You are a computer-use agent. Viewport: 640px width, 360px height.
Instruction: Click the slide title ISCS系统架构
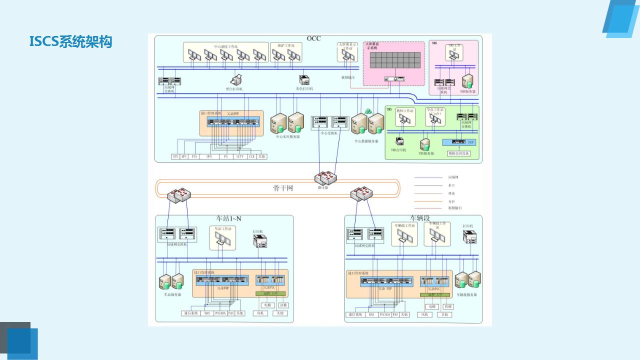(70, 41)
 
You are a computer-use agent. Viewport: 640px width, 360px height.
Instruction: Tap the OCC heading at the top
(313, 38)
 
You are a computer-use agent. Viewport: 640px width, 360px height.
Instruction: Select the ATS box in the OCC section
(175, 156)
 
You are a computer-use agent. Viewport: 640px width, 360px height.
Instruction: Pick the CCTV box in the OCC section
(240, 156)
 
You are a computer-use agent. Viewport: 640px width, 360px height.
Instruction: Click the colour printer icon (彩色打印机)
(304, 79)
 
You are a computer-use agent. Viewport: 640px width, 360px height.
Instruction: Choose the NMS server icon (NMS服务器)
(468, 82)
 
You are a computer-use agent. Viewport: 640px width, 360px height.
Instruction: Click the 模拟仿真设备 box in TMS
(459, 153)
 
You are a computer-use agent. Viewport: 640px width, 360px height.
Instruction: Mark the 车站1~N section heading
(228, 218)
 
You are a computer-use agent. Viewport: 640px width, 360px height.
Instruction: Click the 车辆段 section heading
(420, 218)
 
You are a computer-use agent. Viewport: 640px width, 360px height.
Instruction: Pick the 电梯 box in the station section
(267, 305)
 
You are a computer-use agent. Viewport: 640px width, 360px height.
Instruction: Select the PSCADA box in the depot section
(384, 314)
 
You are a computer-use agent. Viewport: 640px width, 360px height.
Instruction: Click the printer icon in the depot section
(470, 236)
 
